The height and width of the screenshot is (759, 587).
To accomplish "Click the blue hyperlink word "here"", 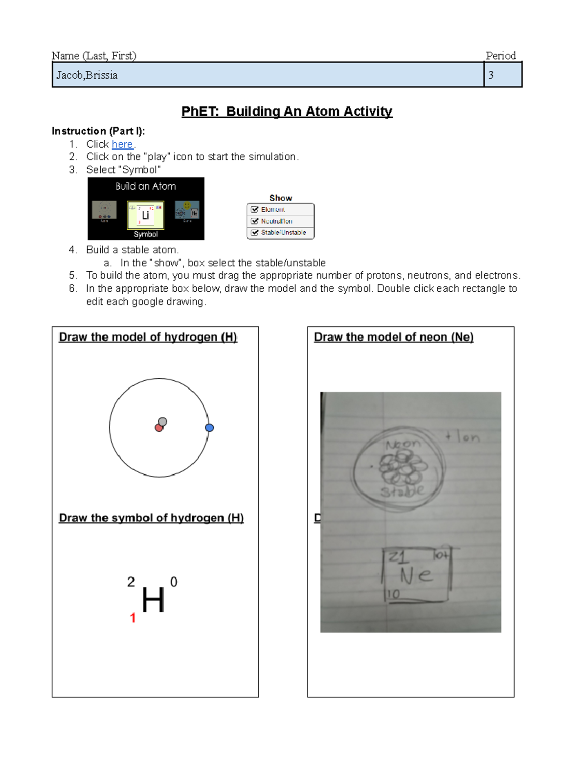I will click(x=122, y=144).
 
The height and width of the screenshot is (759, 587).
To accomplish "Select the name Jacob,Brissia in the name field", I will click(x=87, y=75).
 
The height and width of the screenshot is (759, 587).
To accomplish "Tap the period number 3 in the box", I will click(x=491, y=75).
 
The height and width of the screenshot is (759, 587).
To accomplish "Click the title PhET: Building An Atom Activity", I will click(x=287, y=111).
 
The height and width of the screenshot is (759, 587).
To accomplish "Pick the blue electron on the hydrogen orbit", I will click(x=209, y=428).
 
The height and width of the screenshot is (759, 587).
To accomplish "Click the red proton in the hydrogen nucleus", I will click(x=158, y=428).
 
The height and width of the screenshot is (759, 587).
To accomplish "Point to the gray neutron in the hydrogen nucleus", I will click(x=163, y=421).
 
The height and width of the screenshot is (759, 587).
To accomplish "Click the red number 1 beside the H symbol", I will click(x=133, y=618).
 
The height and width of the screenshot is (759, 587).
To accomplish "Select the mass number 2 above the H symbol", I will click(x=131, y=582).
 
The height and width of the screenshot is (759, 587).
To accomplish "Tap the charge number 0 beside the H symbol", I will click(x=174, y=582).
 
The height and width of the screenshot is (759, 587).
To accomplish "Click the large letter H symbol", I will click(x=153, y=600).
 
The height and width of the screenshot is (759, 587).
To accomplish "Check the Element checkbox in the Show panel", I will click(x=255, y=209).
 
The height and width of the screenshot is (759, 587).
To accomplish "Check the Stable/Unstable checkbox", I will click(x=255, y=233).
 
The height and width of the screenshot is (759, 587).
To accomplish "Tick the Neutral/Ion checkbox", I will click(x=255, y=221).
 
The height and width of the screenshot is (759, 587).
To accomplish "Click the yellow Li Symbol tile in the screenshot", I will click(x=145, y=216).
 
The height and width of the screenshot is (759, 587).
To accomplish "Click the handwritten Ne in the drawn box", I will click(x=416, y=575).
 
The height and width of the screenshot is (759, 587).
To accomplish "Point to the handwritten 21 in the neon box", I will click(x=397, y=558).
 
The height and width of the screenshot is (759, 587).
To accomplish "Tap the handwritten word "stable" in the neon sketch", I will click(x=402, y=491).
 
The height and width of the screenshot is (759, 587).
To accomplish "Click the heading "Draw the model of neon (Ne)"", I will click(x=393, y=337).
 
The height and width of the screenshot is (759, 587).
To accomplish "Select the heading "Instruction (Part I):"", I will click(x=98, y=131).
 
